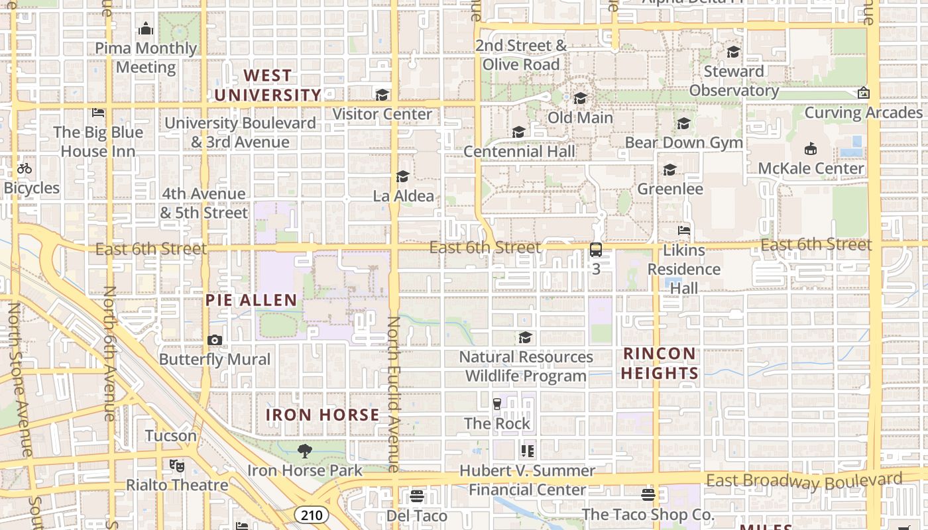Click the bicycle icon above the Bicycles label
25,168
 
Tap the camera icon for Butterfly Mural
215,340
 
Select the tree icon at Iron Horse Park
305,451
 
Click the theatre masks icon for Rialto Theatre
176,465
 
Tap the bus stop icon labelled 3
596,250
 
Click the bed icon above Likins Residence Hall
684,231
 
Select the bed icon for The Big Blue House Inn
98,113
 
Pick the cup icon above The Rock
497,403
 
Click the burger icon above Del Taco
417,496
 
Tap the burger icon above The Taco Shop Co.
648,494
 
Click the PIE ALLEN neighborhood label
251,300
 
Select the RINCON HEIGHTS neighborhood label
660,363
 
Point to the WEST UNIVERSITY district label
268,85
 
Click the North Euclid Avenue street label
394,394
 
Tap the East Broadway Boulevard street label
804,480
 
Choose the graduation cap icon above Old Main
580,98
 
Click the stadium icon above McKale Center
811,148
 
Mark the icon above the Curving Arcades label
863,93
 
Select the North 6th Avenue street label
109,353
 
